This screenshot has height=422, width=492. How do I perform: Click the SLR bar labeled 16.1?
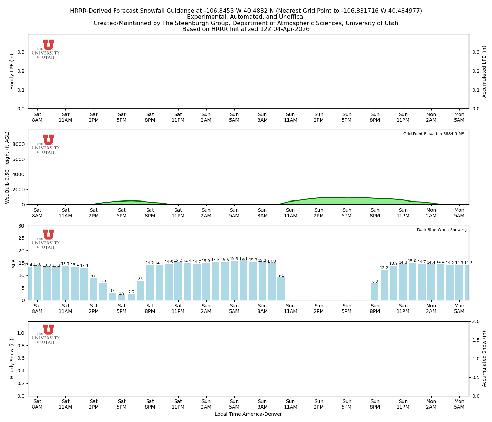coord(244,280)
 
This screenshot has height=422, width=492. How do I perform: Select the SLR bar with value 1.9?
coord(122,298)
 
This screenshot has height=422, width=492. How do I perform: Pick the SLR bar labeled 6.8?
coord(375,292)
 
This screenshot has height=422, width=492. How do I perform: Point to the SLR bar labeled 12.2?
coord(384,285)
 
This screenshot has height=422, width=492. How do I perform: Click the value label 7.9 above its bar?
coord(141,279)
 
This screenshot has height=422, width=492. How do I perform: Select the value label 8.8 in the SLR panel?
coord(93,276)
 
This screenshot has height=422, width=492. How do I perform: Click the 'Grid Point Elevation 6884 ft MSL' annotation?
coord(435,134)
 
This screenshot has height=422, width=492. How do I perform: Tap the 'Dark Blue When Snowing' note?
coord(442,230)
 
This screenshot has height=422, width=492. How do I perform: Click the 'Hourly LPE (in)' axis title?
coord(12,71)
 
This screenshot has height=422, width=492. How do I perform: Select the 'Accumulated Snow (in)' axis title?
coord(484,359)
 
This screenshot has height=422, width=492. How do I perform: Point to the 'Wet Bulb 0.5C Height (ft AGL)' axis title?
coord(7,167)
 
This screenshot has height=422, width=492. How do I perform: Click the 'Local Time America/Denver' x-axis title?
coord(248,414)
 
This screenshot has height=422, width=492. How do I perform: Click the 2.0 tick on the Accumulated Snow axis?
coord(475,321)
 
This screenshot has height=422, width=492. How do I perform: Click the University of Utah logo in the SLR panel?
coord(46,239)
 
